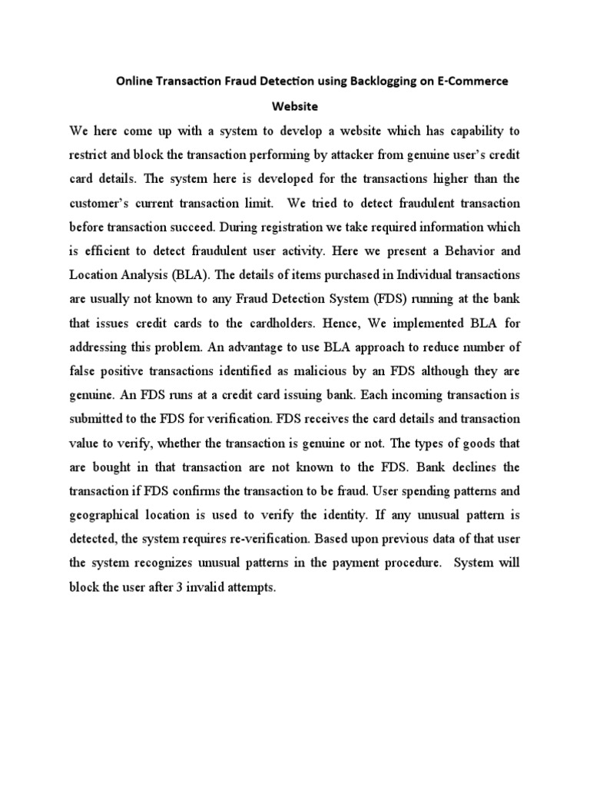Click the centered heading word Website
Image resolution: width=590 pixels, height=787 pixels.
295,107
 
